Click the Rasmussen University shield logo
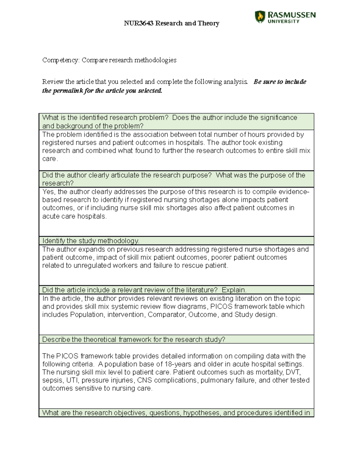(260, 17)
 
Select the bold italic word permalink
(68, 91)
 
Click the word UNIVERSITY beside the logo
(283, 21)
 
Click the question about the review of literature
(144, 290)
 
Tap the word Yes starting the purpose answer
(49, 191)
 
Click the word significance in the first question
(278, 117)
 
